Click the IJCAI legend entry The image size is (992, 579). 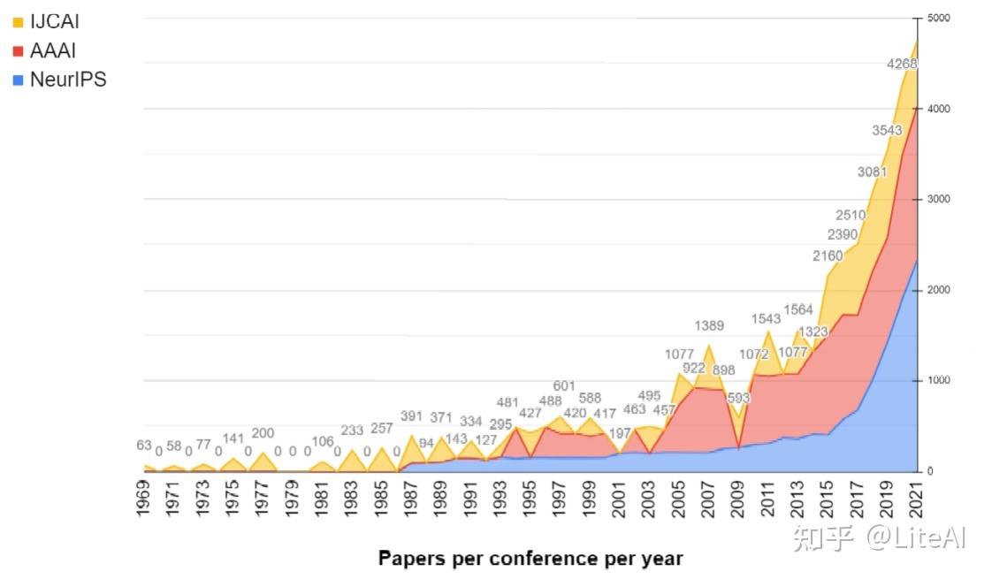click(54, 22)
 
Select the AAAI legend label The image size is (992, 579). click(52, 50)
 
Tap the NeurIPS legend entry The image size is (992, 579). click(67, 80)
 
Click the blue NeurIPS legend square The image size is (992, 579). click(18, 80)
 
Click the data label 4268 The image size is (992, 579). click(902, 64)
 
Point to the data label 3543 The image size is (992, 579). click(887, 130)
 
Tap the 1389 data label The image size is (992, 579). click(709, 326)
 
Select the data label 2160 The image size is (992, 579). click(828, 256)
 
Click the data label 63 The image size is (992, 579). click(144, 446)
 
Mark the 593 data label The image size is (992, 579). click(738, 398)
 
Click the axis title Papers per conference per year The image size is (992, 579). click(530, 558)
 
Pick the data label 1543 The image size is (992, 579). click(767, 318)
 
